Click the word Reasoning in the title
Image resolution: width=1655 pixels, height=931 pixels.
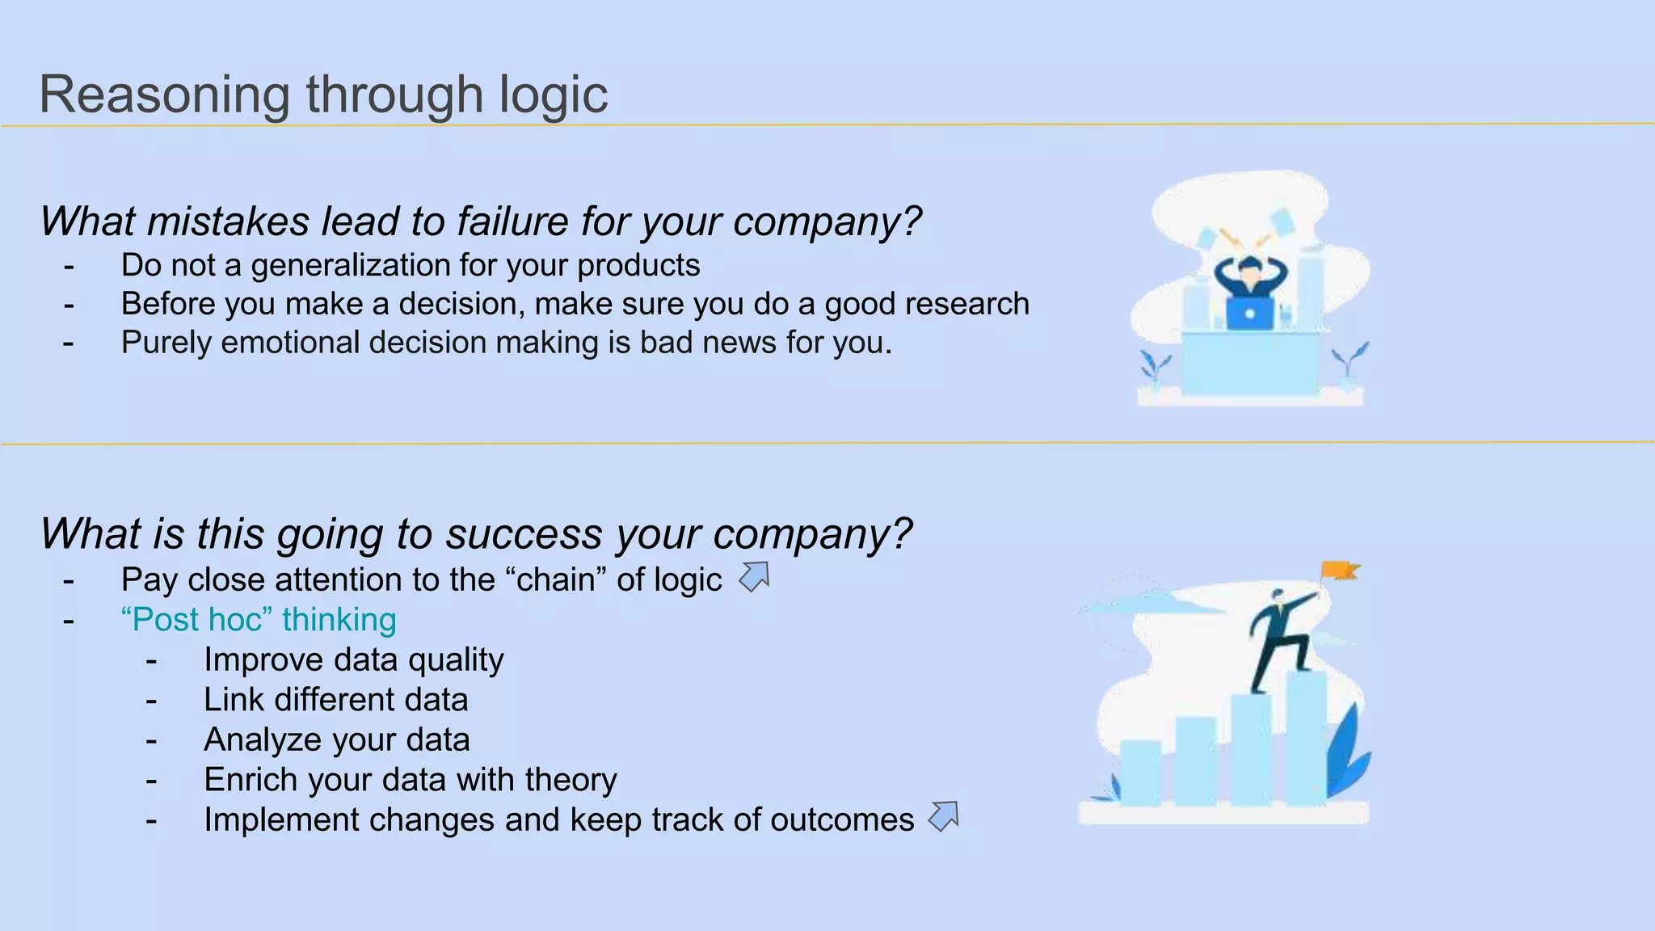(164, 95)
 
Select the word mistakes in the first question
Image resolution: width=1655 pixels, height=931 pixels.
(229, 221)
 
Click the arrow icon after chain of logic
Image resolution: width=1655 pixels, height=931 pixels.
(754, 577)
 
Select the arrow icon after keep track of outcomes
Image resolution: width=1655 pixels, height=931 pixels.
(943, 816)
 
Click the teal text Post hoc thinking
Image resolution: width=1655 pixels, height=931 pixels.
(259, 620)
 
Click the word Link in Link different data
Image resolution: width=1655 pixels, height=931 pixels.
(234, 700)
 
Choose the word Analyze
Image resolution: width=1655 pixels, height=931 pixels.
(263, 740)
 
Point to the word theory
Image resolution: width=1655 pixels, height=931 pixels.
(571, 780)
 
